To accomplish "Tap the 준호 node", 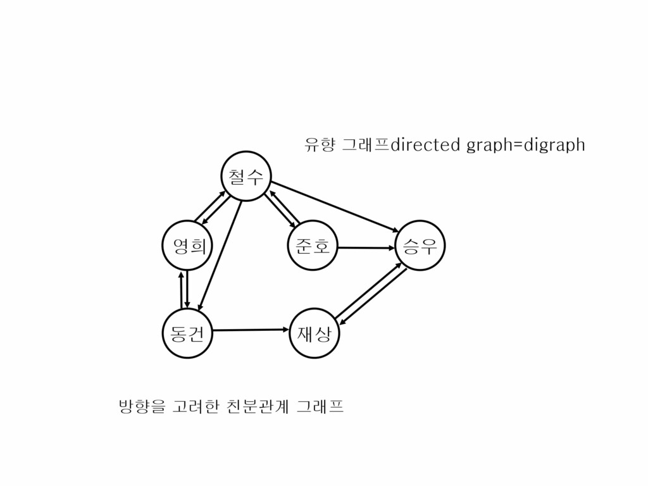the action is pyautogui.click(x=312, y=246).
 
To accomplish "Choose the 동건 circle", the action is pyautogui.click(x=187, y=333).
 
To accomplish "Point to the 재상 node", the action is pyautogui.click(x=314, y=333).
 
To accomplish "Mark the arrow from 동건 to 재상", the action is pyautogui.click(x=250, y=330).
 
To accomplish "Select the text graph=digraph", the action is pyautogui.click(x=525, y=146).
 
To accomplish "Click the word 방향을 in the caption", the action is pyautogui.click(x=136, y=406).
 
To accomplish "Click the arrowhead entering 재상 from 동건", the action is pyautogui.click(x=285, y=329).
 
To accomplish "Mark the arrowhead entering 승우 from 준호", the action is pyautogui.click(x=392, y=248).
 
